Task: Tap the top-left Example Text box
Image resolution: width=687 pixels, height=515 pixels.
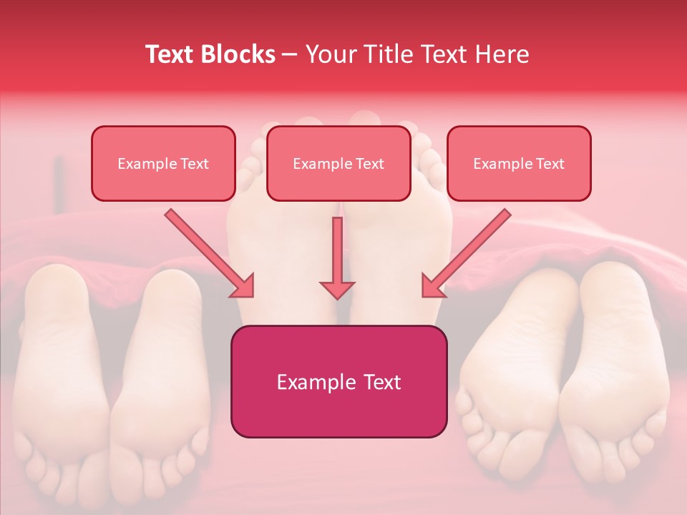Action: [x=163, y=163]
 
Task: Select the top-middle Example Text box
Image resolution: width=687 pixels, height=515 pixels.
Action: [x=338, y=163]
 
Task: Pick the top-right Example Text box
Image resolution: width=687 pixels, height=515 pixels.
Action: [x=519, y=163]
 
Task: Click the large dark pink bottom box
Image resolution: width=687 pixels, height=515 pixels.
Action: [x=338, y=381]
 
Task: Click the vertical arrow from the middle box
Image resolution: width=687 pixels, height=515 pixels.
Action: [x=337, y=257]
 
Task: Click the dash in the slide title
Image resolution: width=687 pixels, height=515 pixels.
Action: [x=290, y=54]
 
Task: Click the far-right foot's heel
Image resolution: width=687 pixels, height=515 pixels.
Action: [x=615, y=286]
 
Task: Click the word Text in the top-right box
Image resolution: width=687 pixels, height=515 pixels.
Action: [x=550, y=163]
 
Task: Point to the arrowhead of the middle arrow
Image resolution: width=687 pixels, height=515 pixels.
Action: [x=337, y=288]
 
